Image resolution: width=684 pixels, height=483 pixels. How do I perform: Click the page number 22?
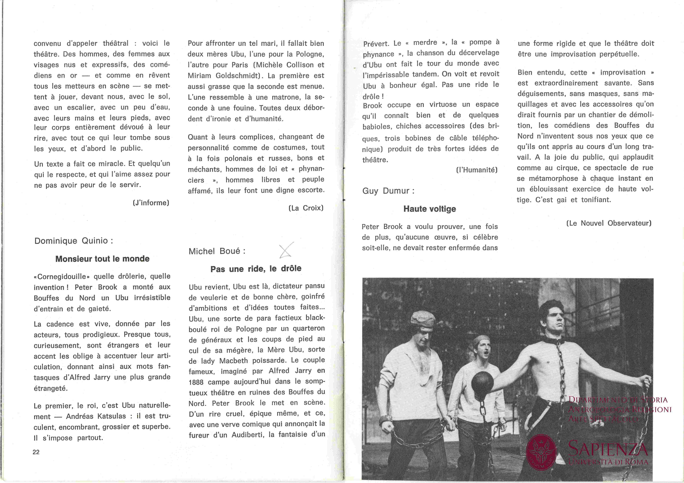point(36,452)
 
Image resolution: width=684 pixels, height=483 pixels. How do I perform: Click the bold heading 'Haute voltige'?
point(430,209)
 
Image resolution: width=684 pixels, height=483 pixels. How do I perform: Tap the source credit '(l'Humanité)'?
point(477,170)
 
